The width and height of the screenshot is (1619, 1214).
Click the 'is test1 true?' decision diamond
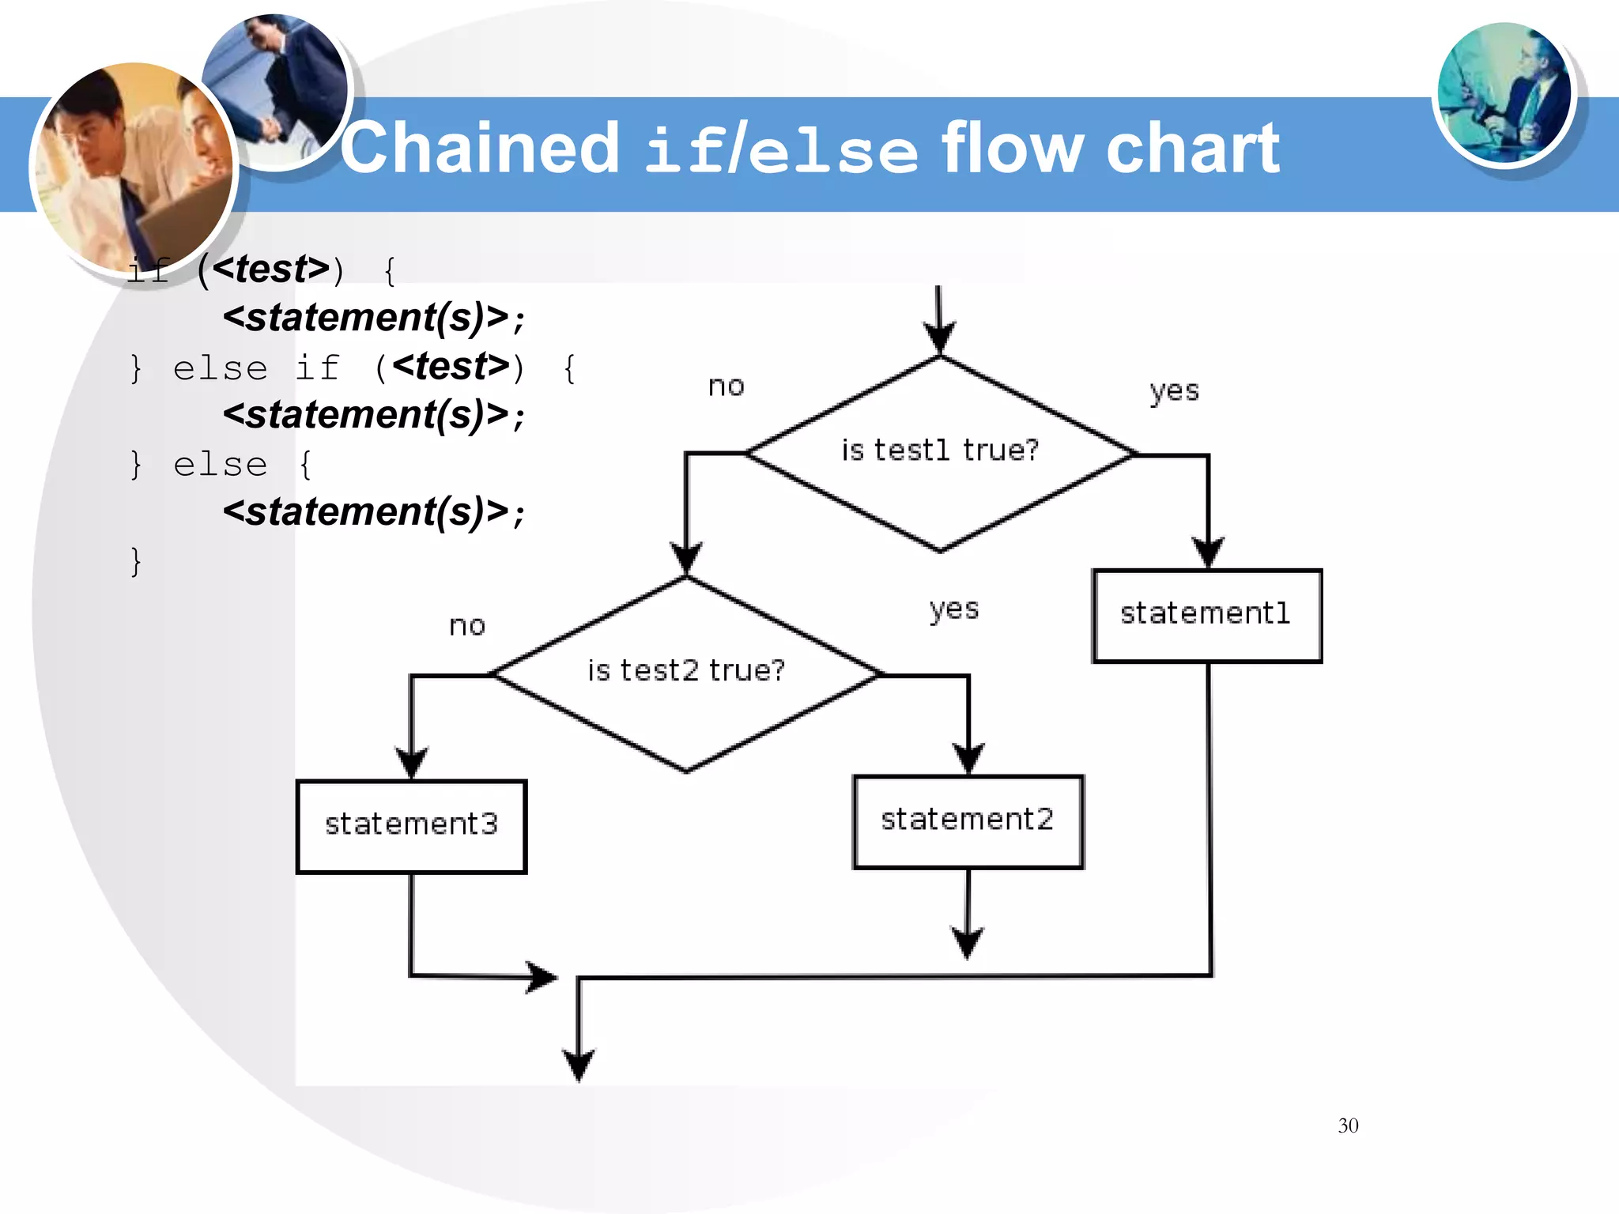[939, 452]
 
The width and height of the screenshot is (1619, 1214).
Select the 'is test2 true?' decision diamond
[686, 673]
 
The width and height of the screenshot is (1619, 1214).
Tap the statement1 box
[1206, 615]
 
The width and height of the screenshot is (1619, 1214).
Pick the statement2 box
[968, 821]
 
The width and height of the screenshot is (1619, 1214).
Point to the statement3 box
[411, 826]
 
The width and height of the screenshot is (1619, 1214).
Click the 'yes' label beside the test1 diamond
[1174, 391]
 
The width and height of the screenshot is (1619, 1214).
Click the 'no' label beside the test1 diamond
[726, 386]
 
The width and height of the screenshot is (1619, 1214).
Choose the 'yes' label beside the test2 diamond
[954, 609]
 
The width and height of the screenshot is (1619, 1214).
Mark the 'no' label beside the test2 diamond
[466, 626]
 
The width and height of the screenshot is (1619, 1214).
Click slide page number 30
[1348, 1125]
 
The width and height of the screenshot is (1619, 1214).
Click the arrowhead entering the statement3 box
[411, 763]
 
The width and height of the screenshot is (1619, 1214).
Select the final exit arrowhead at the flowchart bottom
[579, 1064]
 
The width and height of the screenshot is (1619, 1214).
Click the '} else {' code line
[221, 465]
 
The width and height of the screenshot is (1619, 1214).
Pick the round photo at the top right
[1504, 93]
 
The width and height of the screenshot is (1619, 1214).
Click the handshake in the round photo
[269, 126]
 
